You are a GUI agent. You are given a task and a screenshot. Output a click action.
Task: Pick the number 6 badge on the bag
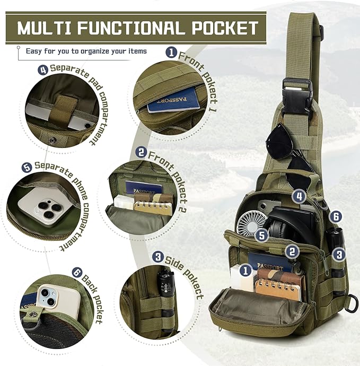[335, 216]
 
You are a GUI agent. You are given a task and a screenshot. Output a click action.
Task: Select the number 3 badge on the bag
[339, 254]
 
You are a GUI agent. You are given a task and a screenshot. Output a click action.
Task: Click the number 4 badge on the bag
[300, 197]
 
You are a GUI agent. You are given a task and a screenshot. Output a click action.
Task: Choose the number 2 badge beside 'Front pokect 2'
[141, 152]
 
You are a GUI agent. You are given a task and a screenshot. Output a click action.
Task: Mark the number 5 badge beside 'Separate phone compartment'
[27, 167]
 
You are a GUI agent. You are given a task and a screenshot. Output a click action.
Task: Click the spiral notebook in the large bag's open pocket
[279, 285]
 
